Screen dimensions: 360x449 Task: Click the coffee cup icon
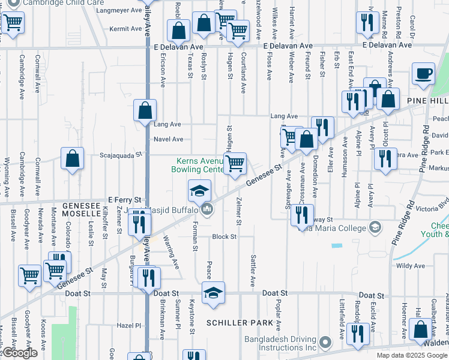pos(424,74)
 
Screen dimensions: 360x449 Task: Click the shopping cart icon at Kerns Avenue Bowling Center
pos(236,163)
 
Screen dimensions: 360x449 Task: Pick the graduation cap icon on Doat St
pos(212,292)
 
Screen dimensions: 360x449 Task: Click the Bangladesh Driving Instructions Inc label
pos(280,343)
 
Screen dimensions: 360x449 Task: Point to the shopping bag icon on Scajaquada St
pos(72,159)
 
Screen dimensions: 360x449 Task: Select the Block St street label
pos(224,237)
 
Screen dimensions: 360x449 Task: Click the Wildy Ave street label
pos(411,266)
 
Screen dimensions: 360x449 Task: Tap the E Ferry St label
pos(124,199)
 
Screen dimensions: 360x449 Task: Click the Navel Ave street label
pos(168,139)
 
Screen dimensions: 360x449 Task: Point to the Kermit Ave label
pos(126,29)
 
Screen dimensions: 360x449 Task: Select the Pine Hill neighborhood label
pos(427,100)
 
